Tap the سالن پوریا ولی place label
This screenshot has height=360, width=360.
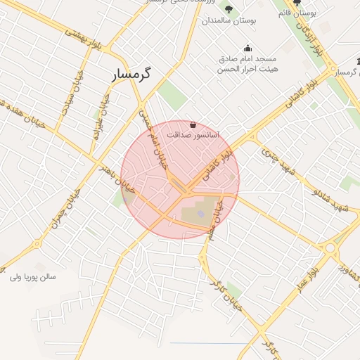point(32,277)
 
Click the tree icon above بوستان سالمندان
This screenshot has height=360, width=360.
point(229,8)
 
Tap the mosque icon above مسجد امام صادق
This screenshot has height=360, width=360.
point(247,49)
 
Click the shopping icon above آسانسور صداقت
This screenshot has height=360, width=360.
point(193,124)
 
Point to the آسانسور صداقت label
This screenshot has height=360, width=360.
point(193,133)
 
